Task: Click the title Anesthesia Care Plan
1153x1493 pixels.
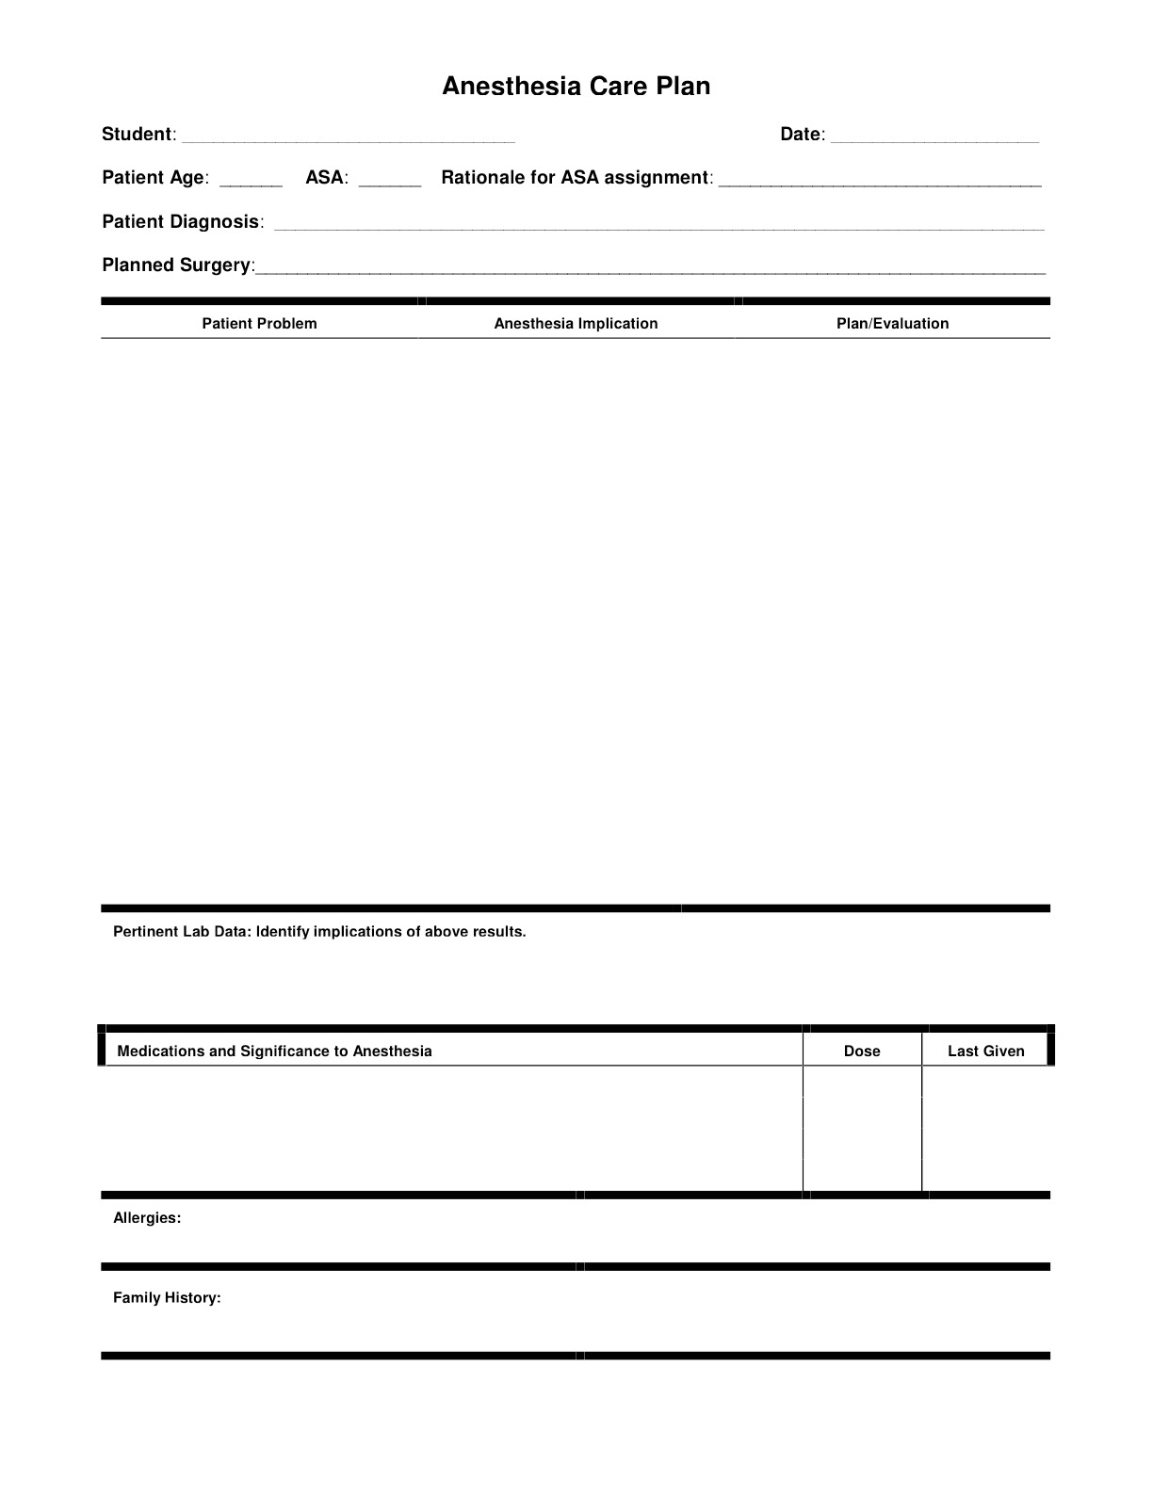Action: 576,87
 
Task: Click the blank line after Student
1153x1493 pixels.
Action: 348,137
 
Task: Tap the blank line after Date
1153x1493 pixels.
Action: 934,137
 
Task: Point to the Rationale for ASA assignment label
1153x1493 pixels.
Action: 574,178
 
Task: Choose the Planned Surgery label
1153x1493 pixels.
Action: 176,265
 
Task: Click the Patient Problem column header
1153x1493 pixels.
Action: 259,324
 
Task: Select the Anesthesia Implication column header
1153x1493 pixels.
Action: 576,324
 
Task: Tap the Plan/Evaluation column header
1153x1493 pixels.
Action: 892,324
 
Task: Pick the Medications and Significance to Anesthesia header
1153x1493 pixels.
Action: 274,1052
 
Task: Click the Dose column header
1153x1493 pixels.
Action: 862,1052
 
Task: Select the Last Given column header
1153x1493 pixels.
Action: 985,1052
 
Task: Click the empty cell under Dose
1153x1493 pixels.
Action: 862,1129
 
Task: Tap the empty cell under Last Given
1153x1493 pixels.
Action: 985,1129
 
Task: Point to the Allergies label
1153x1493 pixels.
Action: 147,1218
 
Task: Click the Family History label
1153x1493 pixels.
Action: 167,1298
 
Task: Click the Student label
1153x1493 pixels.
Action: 137,135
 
